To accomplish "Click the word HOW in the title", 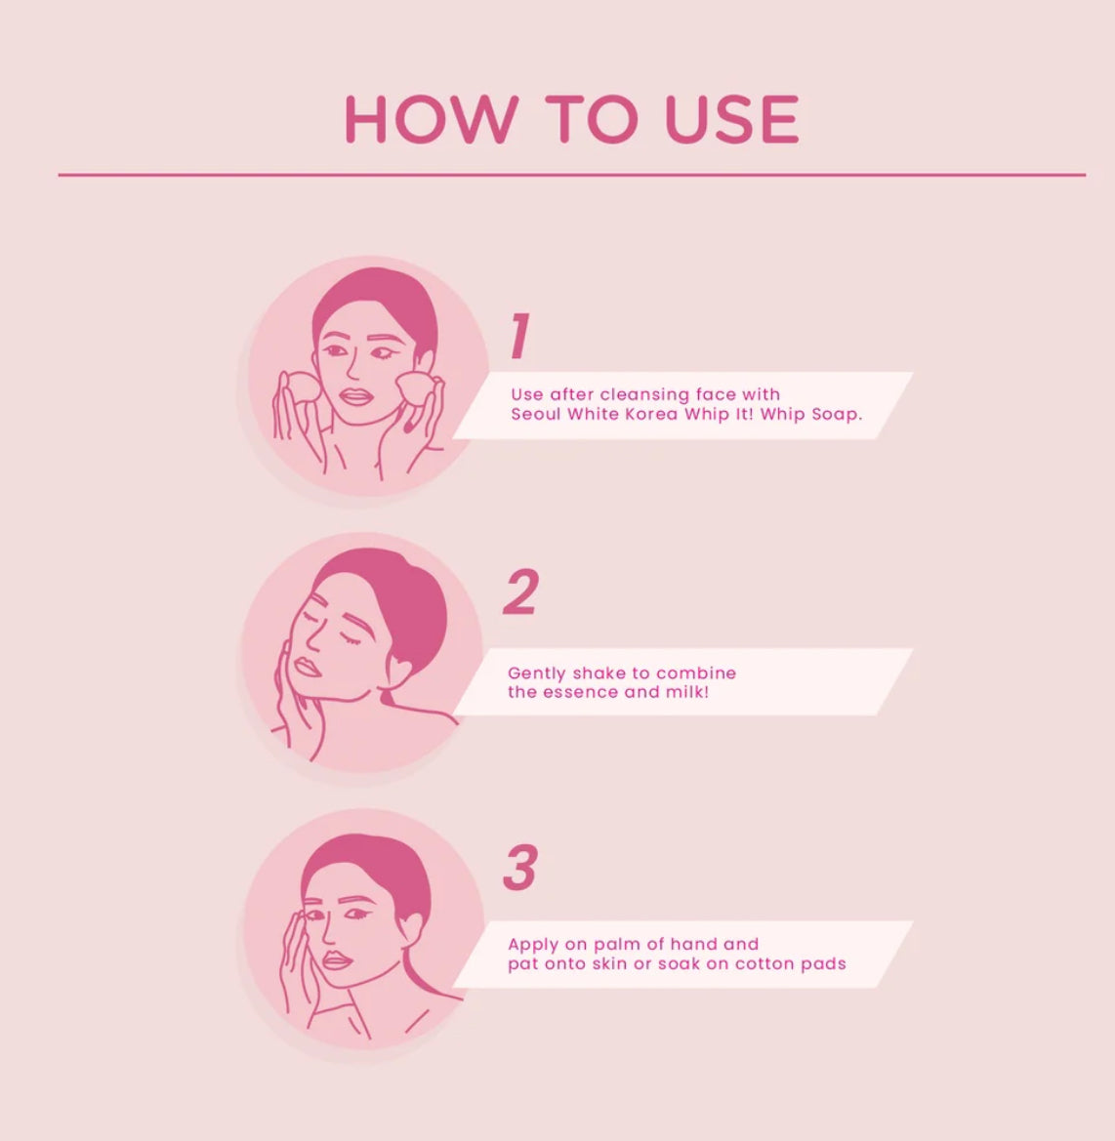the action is coord(432,119).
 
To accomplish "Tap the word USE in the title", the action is coord(732,119).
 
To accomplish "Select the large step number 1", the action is coord(518,336).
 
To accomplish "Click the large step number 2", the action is coord(521,591).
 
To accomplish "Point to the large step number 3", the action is coord(520,867).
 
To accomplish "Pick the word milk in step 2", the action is coord(689,692).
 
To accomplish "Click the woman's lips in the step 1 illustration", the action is coord(356,396).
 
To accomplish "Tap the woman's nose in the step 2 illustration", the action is coord(312,639).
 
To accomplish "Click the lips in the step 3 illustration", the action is coord(336,959).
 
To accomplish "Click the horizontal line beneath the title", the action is coord(572,175).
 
